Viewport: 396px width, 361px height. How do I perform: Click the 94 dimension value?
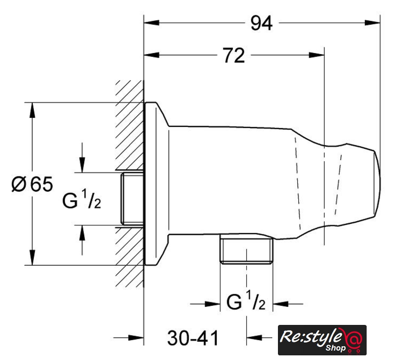tap(262, 23)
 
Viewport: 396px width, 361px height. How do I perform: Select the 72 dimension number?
tap(234, 55)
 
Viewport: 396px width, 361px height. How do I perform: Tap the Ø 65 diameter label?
tap(32, 184)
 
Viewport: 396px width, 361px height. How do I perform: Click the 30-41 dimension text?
tap(193, 338)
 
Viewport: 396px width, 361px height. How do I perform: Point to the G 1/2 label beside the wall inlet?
tap(81, 200)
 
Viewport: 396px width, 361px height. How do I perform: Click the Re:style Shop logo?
tap(322, 340)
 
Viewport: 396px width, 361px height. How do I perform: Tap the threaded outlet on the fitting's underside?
tap(246, 249)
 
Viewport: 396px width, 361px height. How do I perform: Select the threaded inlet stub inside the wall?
tap(132, 199)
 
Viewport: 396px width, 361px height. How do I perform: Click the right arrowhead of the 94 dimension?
tap(372, 23)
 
